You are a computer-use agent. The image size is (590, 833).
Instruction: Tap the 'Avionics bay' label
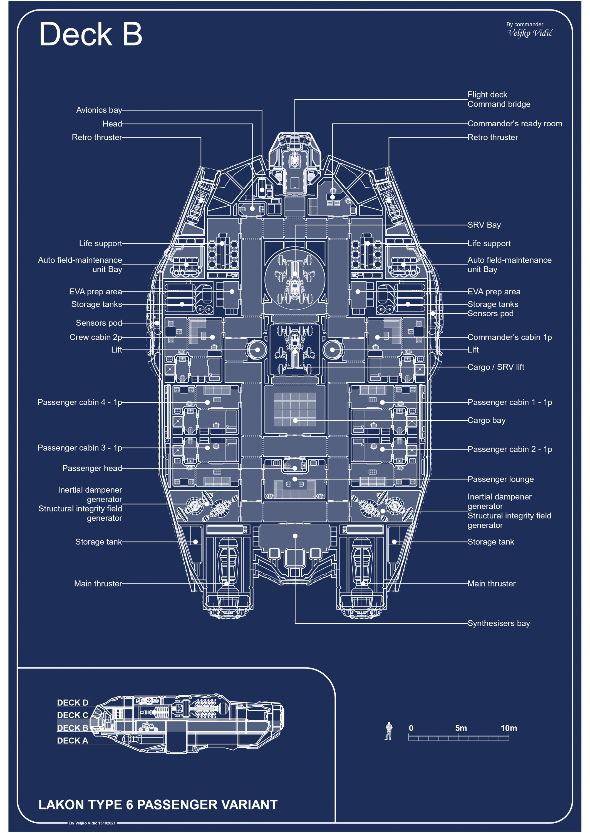pyautogui.click(x=99, y=110)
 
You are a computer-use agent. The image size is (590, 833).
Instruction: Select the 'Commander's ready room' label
pyautogui.click(x=514, y=124)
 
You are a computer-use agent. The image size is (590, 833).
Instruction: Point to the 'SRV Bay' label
pyautogui.click(x=484, y=225)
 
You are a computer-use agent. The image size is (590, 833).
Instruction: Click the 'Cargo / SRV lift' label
pyautogui.click(x=495, y=367)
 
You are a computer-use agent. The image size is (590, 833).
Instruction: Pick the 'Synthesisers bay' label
pyautogui.click(x=499, y=623)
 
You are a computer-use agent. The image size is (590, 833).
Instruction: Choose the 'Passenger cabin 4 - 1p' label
pyautogui.click(x=80, y=402)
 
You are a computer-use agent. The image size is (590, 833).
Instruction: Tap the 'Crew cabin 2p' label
pyautogui.click(x=96, y=337)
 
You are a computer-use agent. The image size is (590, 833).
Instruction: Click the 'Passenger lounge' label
pyautogui.click(x=500, y=479)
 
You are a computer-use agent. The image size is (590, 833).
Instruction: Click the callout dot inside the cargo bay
pyautogui.click(x=295, y=420)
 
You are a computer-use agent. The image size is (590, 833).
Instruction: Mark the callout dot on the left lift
pyautogui.click(x=257, y=350)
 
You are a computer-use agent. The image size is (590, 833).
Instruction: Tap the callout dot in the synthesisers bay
pyautogui.click(x=295, y=536)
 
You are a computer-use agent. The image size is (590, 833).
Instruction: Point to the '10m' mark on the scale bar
pyautogui.click(x=509, y=728)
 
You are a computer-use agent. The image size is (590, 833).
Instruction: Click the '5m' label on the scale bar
pyautogui.click(x=461, y=728)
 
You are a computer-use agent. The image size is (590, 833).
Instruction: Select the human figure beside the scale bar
pyautogui.click(x=389, y=731)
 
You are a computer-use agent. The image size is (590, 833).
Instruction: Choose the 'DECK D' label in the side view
pyautogui.click(x=73, y=703)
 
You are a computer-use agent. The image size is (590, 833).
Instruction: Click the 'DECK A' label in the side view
pyautogui.click(x=72, y=741)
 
